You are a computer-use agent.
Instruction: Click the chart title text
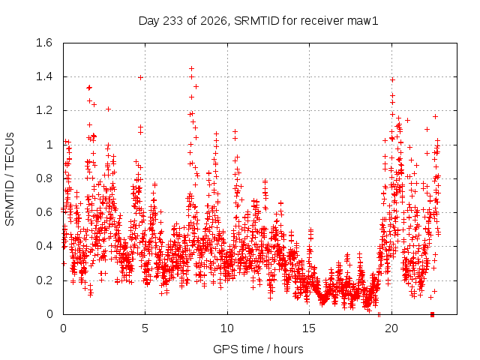pos(258,21)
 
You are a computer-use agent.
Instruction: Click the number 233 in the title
pos(173,21)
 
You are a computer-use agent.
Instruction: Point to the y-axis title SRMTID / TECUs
pos(10,179)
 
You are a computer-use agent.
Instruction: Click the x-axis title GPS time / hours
pos(258,349)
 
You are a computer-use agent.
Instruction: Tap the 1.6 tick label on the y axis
pos(44,43)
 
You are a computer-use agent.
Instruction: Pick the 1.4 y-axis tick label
pos(44,76)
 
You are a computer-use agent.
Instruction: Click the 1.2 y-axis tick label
pos(44,110)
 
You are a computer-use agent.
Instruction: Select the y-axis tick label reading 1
pos(49,145)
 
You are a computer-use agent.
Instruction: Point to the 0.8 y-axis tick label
pos(44,178)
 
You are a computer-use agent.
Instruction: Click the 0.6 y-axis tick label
pos(44,212)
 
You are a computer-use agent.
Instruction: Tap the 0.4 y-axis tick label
pos(44,246)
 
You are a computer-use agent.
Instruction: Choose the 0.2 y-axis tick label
pos(44,280)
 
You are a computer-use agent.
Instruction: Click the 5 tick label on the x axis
pos(145,328)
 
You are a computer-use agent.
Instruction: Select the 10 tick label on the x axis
pos(227,328)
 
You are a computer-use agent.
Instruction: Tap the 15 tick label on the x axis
pos(309,328)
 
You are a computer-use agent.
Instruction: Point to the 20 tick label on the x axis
pos(391,328)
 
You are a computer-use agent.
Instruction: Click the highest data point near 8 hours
pos(192,68)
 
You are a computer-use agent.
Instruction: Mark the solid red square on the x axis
pos(432,314)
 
